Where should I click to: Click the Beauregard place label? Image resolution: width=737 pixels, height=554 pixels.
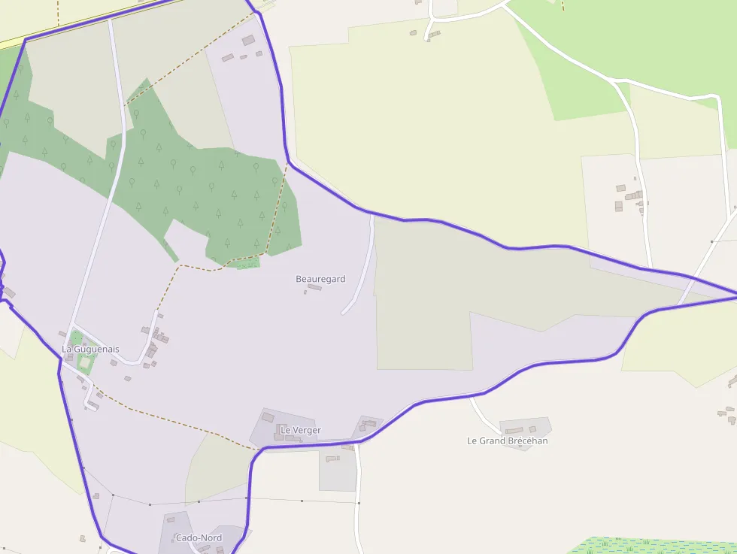[320, 279]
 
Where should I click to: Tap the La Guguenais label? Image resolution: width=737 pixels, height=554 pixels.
[90, 350]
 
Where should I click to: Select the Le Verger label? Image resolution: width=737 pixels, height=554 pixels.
[301, 430]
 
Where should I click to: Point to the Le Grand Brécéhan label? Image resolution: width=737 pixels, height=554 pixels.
[508, 440]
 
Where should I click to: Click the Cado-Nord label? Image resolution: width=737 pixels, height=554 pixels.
[199, 537]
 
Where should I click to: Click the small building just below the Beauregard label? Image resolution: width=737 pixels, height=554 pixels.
[314, 287]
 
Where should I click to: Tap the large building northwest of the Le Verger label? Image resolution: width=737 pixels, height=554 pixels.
[268, 417]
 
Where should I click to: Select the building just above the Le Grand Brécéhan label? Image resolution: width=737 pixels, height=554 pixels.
[514, 430]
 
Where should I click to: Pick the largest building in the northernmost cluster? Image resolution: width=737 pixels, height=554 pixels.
[248, 40]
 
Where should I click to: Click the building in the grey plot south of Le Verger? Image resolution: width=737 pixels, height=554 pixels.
[332, 459]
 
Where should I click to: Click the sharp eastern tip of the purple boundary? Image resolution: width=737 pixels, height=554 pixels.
[734, 292]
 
